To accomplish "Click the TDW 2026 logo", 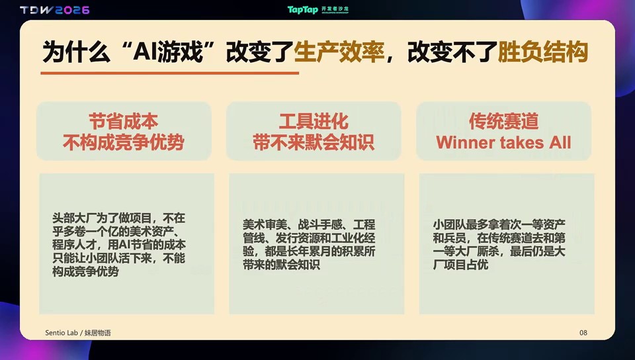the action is pyautogui.click(x=55, y=10).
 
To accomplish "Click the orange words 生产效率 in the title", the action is pyautogui.click(x=339, y=52).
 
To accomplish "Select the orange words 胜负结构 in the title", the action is pyautogui.click(x=542, y=52).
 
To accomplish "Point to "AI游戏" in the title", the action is pyautogui.click(x=168, y=52).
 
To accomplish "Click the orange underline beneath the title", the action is pyautogui.click(x=170, y=73).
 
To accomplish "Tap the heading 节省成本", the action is pyautogui.click(x=124, y=121).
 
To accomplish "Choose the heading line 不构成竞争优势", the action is pyautogui.click(x=124, y=142).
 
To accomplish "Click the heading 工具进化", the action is pyautogui.click(x=314, y=121).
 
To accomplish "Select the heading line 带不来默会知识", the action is pyautogui.click(x=314, y=142).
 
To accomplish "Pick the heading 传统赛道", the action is pyautogui.click(x=504, y=121).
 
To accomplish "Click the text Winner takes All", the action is pyautogui.click(x=503, y=142).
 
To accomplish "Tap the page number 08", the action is pyautogui.click(x=583, y=333).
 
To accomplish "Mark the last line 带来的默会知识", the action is pyautogui.click(x=282, y=265).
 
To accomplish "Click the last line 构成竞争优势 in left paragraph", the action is pyautogui.click(x=85, y=271).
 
